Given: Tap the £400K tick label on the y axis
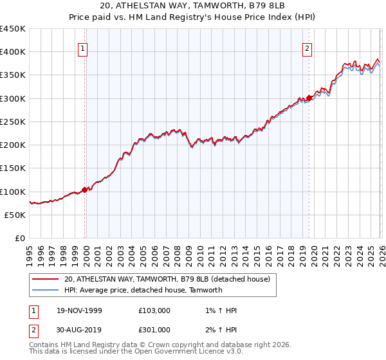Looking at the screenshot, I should (x=13, y=52).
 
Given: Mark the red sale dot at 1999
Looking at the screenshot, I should (x=85, y=190).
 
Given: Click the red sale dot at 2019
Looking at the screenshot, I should (x=309, y=98).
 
